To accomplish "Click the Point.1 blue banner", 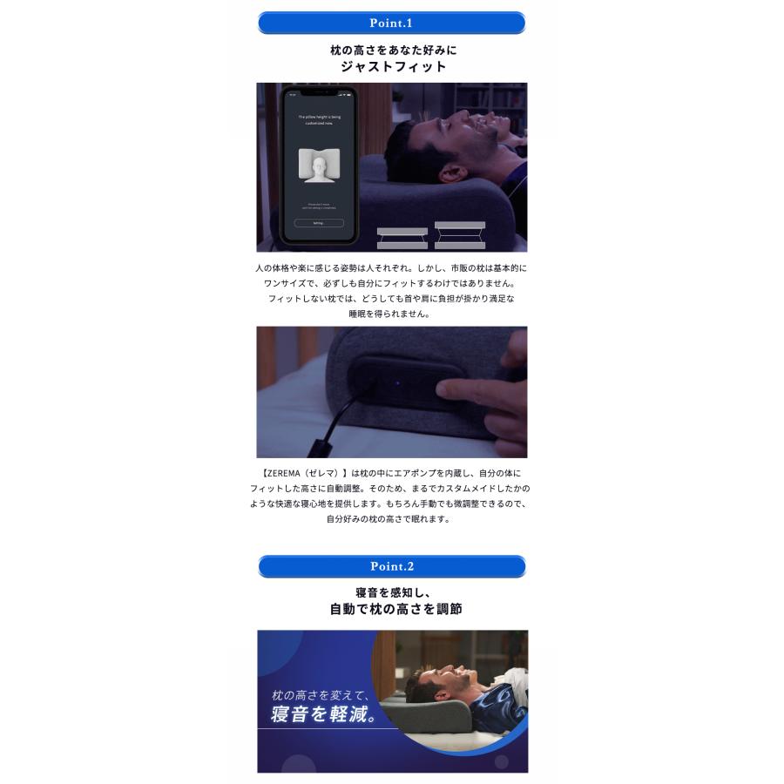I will (391, 22).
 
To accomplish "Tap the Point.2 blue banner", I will (391, 566).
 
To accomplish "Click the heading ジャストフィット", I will (393, 67).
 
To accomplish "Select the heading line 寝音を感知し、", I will (391, 592).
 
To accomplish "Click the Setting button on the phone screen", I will (318, 223).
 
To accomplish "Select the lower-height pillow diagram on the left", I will (402, 237).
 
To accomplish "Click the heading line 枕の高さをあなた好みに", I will (391, 51).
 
